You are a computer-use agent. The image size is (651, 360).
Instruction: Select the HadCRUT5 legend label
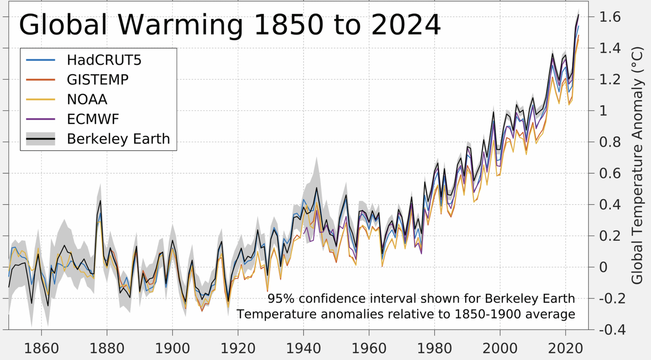coord(104,60)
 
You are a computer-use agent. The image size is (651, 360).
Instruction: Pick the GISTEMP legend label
coord(98,80)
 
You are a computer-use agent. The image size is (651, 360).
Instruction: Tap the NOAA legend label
coord(87,99)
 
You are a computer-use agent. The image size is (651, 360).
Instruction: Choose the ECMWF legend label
coord(93,119)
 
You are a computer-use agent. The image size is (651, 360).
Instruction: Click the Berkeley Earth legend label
coord(118,139)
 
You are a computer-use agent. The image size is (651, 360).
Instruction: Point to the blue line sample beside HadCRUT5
coord(41,60)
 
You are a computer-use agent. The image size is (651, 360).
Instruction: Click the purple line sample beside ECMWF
coord(41,119)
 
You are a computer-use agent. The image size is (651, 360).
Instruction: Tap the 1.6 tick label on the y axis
coord(610,17)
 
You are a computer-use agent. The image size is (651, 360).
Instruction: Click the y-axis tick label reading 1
coord(603,111)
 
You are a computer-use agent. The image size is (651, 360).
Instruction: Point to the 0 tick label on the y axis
coord(603,267)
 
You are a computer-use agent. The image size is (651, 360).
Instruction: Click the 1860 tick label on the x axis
coord(42,349)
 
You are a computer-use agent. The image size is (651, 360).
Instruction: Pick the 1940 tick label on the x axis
coord(304,349)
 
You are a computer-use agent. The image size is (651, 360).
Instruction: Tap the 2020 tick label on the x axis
coord(566,349)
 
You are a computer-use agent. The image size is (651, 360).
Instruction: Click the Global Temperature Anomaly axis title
coord(637,165)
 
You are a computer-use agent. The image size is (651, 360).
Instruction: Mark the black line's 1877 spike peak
coord(100,201)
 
